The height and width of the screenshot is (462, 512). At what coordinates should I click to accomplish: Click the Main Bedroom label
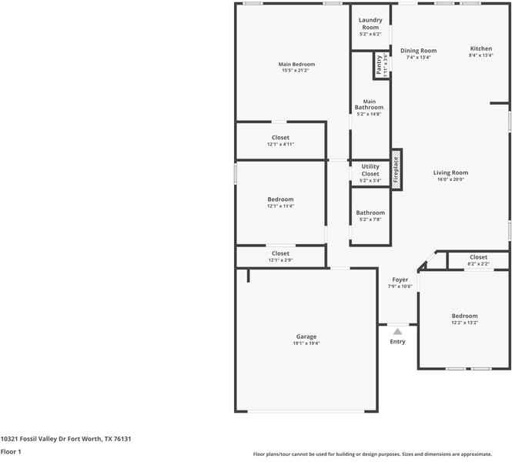296,65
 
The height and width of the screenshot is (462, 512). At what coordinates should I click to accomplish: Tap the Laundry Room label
370,24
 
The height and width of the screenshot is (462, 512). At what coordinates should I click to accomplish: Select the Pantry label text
379,65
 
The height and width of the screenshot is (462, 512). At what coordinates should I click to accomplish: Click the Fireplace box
397,169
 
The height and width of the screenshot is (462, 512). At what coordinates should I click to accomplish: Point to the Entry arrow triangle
397,331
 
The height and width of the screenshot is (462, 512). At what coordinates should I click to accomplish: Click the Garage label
306,336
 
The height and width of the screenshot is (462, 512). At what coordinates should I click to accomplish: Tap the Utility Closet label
370,170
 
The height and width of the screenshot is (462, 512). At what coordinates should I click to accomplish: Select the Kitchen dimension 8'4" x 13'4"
481,56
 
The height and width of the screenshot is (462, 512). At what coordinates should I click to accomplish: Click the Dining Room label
418,51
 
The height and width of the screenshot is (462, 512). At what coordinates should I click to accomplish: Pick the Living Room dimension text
450,180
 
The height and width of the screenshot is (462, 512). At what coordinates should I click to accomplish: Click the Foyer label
400,280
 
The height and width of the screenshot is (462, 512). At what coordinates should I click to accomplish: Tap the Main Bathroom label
370,105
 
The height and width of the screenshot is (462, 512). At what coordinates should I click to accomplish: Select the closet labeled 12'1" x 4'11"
280,141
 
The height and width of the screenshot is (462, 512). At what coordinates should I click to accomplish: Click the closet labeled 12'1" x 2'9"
280,256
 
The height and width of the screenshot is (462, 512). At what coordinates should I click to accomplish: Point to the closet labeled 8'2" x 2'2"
478,260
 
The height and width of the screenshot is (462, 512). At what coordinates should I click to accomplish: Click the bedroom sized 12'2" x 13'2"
464,319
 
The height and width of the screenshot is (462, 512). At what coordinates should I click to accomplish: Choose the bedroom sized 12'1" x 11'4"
280,203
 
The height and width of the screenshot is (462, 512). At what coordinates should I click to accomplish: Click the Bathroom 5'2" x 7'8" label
370,216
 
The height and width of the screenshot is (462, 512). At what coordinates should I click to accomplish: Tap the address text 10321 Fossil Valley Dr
65,439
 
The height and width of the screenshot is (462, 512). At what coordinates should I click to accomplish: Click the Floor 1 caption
11,452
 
